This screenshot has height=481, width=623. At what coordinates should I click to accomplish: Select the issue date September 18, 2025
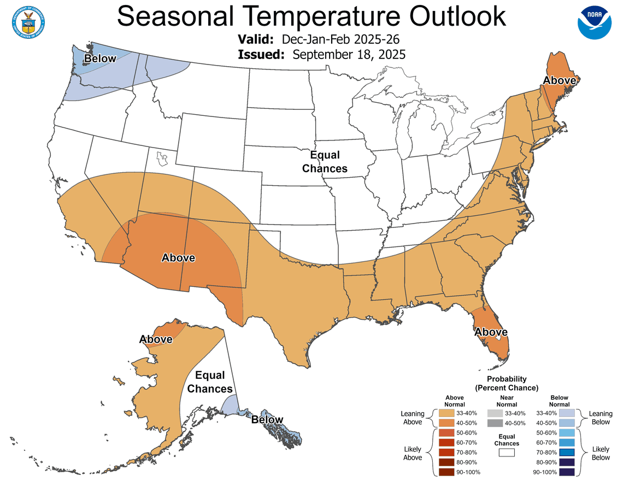point(349,54)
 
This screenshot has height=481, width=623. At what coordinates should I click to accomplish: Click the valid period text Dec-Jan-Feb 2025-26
point(342,39)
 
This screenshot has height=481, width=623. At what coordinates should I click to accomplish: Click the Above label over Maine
point(559,80)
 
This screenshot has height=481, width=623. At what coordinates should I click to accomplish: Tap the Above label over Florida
point(491,332)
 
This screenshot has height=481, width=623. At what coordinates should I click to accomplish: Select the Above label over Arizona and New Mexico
point(178,257)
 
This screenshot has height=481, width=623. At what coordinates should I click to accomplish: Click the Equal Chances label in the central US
point(325,162)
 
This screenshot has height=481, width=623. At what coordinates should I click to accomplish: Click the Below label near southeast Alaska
point(267,420)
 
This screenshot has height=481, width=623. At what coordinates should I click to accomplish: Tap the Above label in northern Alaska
point(156,339)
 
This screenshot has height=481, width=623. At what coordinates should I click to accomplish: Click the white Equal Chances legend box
point(507,453)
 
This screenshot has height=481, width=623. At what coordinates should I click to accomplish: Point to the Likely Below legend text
point(601,453)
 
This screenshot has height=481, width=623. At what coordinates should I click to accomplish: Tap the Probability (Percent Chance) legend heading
point(507,383)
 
